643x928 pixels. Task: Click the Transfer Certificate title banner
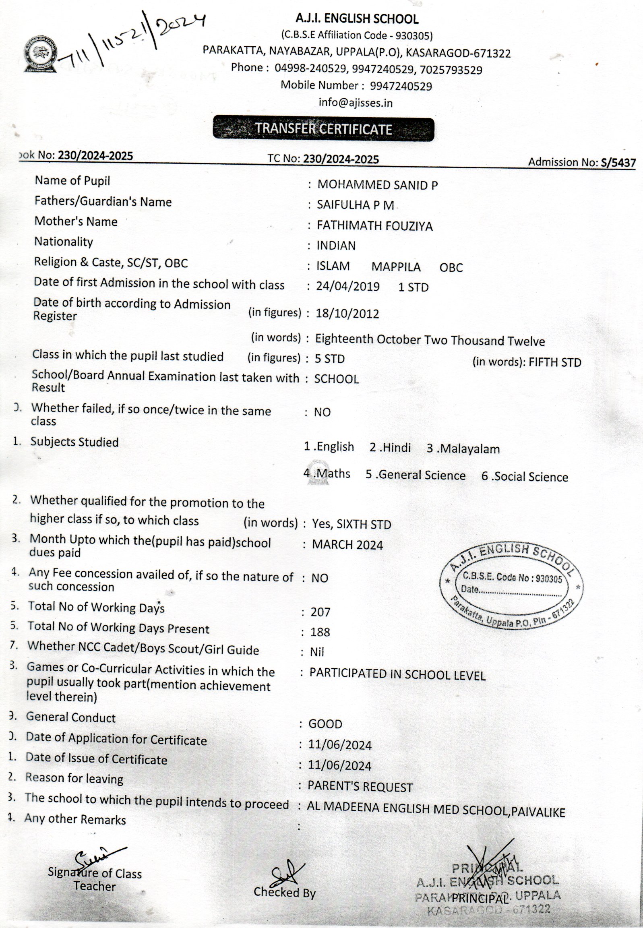[324, 129]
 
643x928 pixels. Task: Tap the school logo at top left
[39, 54]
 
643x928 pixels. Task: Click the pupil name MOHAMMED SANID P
[377, 185]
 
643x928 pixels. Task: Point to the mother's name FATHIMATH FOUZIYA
[374, 225]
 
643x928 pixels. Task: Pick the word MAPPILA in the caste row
[396, 267]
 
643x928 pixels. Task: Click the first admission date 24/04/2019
[347, 286]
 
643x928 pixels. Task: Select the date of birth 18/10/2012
[347, 313]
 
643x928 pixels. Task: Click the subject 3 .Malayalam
[463, 448]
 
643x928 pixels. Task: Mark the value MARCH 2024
[347, 545]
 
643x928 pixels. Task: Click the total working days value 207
[320, 612]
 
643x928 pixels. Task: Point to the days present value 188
[320, 632]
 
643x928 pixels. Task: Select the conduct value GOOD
[325, 724]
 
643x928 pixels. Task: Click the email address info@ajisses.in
[356, 103]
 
